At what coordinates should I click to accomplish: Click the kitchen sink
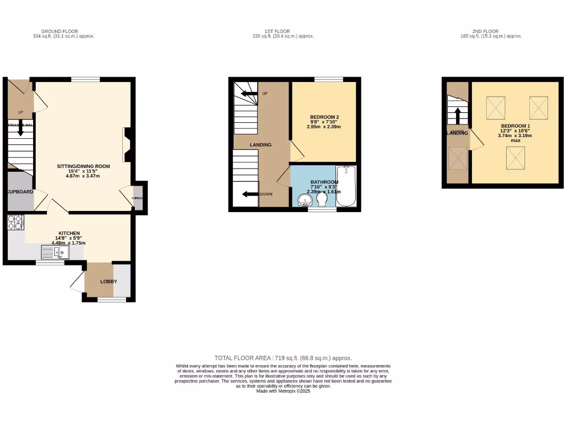55,253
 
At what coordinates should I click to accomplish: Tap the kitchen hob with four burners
15,222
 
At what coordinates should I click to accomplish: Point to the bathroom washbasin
303,200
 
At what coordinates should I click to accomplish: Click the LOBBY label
109,281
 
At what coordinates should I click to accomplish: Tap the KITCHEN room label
70,234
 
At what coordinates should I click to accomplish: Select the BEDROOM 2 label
324,117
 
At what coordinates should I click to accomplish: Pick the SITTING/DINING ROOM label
84,166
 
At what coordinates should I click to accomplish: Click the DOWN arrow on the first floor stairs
251,194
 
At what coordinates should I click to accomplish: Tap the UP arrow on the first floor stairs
250,94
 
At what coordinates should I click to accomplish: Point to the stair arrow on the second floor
457,115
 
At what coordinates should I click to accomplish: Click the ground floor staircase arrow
20,129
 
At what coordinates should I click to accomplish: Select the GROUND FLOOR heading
59,31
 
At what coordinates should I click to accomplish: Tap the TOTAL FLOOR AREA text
283,358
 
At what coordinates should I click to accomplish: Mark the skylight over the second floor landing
457,159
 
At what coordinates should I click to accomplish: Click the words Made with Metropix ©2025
283,391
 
